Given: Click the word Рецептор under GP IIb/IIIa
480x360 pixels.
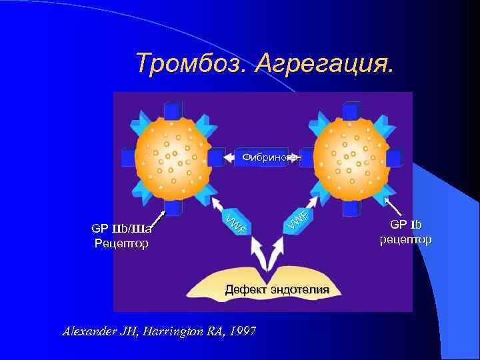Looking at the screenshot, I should point(121,244).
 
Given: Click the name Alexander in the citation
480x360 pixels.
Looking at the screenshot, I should point(87,331).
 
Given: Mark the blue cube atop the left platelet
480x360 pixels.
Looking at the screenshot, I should point(173,110).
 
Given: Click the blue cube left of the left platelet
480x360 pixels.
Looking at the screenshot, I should point(129,158).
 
